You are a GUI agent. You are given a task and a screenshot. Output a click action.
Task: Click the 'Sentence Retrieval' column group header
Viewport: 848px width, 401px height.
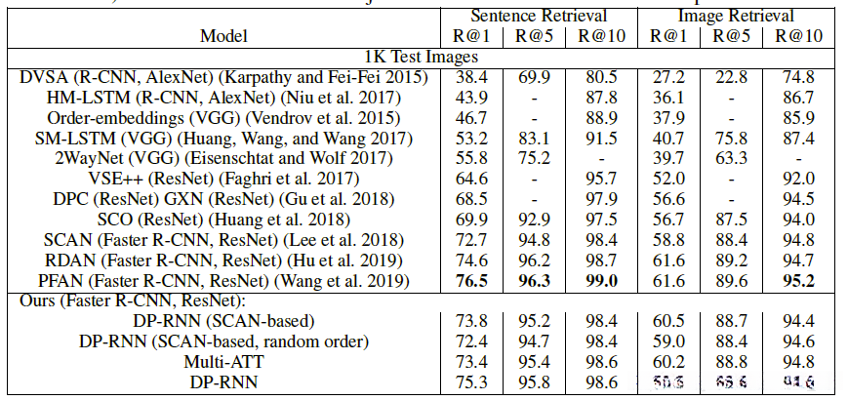(540, 16)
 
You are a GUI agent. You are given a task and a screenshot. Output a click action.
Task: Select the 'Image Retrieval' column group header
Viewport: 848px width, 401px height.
(735, 16)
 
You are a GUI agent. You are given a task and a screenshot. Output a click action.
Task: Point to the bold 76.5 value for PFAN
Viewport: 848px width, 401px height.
(472, 281)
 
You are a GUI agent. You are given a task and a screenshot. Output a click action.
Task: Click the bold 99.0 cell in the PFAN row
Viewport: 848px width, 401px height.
(597, 281)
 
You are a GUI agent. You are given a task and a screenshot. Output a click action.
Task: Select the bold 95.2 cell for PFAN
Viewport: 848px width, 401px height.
(798, 281)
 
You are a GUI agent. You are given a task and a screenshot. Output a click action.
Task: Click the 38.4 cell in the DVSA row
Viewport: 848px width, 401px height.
(472, 76)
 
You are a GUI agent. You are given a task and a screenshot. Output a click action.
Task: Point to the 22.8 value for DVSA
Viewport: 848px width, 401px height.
(732, 76)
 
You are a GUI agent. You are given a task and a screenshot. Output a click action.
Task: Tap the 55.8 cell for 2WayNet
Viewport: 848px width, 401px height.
(472, 158)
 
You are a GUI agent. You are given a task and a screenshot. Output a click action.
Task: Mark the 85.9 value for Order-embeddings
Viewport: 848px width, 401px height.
(798, 117)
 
